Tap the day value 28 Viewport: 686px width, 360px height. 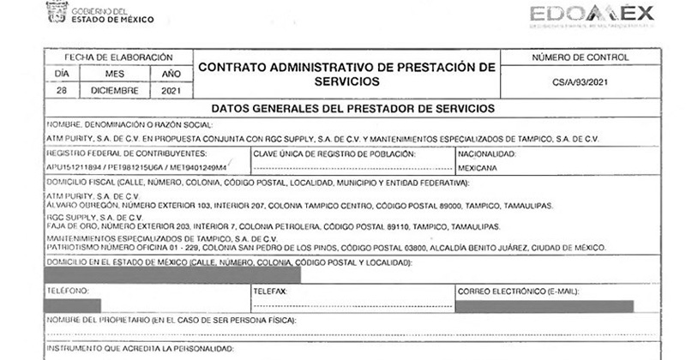[60, 89]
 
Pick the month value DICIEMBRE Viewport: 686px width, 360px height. [114, 89]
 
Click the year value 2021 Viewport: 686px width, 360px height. [170, 89]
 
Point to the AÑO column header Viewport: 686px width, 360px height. [170, 73]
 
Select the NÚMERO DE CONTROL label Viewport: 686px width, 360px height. [580, 57]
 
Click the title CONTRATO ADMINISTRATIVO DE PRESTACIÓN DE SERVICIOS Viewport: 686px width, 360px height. [346, 73]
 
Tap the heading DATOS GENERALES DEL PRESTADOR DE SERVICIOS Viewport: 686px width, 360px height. [352, 109]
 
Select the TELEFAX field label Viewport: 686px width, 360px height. [271, 291]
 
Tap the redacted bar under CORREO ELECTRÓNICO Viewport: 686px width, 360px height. [545, 305]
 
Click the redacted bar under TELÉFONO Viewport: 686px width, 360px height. [72, 305]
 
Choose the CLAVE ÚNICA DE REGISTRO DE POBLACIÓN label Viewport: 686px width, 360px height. [334, 153]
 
